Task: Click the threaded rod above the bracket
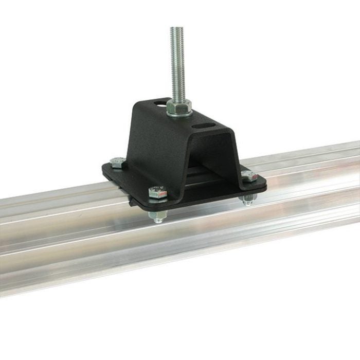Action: [x=177, y=62]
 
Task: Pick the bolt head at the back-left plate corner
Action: [x=118, y=163]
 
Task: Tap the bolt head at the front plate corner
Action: [x=157, y=194]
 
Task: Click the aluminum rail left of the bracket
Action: [x=51, y=226]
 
